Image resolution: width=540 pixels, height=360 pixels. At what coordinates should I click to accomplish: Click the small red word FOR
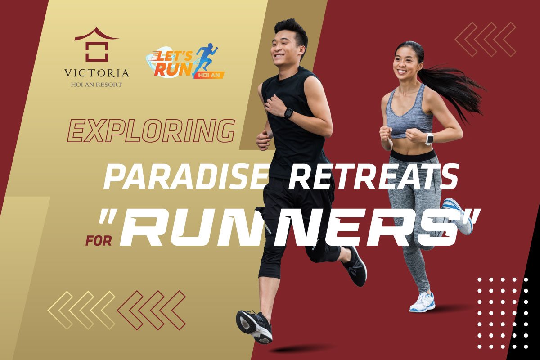tap(99, 240)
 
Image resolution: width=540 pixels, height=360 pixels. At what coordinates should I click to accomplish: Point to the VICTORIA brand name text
tap(96, 73)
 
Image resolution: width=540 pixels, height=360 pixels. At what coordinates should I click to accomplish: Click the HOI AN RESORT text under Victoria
tap(96, 85)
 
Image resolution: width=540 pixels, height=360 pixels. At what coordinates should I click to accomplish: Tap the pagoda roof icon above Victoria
tap(96, 45)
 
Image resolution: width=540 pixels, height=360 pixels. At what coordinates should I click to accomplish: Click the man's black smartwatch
tap(288, 113)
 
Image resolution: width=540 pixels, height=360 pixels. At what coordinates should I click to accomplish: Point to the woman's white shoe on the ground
tap(423, 302)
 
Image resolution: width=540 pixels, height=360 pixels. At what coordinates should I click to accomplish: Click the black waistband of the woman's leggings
tap(413, 155)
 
